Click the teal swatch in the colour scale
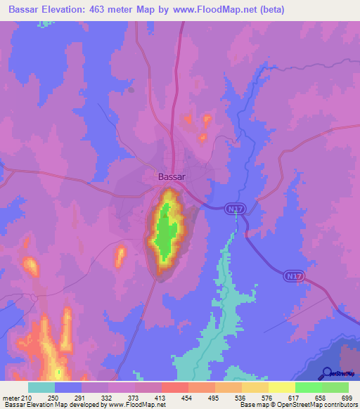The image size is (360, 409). click(41, 387)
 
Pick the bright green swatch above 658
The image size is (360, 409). click(308, 387)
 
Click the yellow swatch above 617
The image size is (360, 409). click(282, 387)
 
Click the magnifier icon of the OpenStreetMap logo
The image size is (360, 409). click(326, 374)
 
